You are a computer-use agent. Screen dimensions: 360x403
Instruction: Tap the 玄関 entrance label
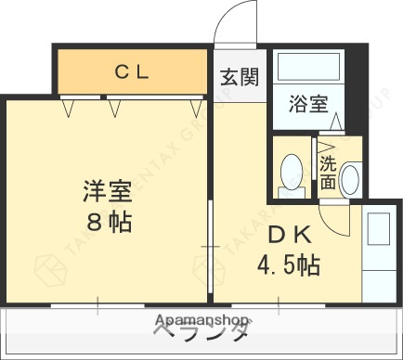point(239,78)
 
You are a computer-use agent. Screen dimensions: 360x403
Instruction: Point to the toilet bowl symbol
point(292,172)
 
